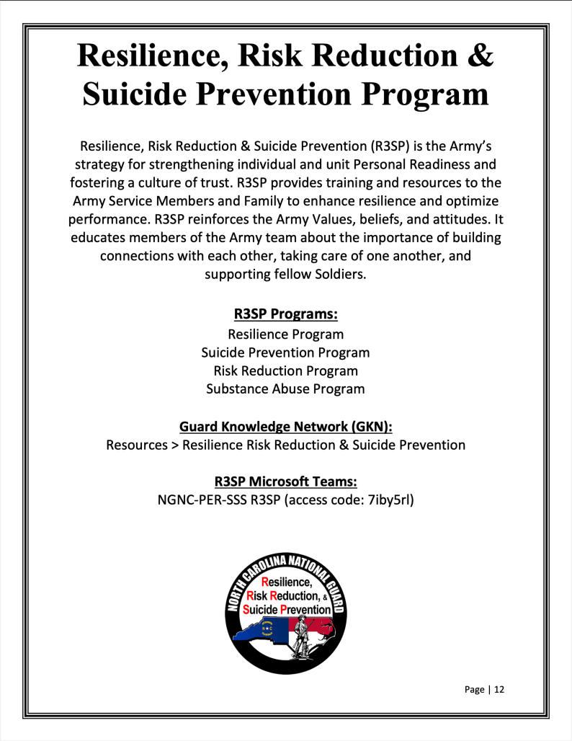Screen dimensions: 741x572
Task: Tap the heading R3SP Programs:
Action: (x=285, y=314)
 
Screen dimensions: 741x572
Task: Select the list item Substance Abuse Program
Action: (x=285, y=389)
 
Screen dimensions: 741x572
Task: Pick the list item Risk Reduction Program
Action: (x=285, y=370)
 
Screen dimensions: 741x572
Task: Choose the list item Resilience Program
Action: (x=285, y=334)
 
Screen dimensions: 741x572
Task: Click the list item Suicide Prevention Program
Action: (x=285, y=352)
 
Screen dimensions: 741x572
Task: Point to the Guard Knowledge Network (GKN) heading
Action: (x=285, y=426)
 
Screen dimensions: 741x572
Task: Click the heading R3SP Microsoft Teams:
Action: (x=285, y=481)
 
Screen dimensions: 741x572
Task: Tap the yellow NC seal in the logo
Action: (x=268, y=627)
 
